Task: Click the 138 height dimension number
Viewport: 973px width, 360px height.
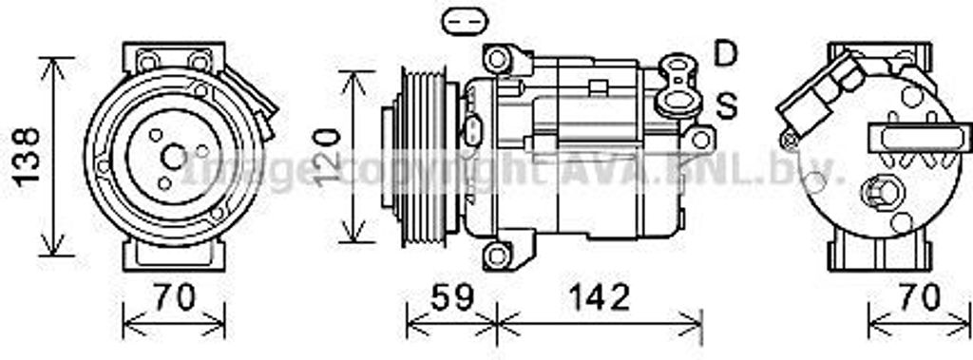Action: point(29,156)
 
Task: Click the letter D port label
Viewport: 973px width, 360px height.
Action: point(726,54)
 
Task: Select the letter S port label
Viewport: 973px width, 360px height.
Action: point(726,106)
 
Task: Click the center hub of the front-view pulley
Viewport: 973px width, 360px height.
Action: point(174,156)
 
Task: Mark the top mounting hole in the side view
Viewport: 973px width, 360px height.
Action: point(497,59)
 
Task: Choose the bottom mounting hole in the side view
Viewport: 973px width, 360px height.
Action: point(497,255)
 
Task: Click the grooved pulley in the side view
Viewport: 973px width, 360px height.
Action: point(422,156)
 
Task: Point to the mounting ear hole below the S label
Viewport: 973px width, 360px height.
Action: point(700,140)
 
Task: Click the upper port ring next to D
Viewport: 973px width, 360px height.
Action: point(677,67)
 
